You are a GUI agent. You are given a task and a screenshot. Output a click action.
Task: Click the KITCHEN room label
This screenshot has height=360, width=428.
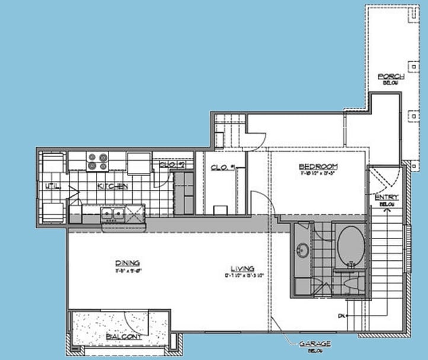113,186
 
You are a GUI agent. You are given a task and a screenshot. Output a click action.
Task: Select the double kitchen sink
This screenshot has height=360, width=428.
111,213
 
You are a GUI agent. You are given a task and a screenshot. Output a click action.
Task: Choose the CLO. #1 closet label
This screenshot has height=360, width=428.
223,167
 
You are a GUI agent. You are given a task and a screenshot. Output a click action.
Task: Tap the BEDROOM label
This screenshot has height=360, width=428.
318,166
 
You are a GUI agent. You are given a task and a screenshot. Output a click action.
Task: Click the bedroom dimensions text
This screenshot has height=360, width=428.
318,174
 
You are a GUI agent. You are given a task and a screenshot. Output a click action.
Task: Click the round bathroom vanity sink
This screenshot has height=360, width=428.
304,250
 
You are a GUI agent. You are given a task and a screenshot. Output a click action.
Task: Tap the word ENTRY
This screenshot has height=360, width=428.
386,197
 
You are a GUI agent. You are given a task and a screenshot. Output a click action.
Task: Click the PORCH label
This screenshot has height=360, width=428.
391,77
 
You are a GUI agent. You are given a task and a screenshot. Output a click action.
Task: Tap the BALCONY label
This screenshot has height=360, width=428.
124,337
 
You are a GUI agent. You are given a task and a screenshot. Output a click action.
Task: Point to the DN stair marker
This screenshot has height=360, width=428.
341,316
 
